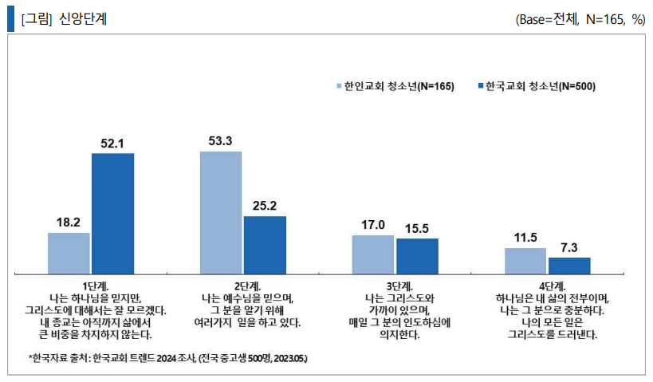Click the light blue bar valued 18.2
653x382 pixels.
69,253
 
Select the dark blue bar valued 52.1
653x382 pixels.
112,213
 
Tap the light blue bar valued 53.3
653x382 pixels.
221,211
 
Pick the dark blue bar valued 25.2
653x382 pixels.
265,244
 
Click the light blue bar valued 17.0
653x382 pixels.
373,254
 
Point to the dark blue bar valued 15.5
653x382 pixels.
417,255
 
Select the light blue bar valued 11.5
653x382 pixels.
525,260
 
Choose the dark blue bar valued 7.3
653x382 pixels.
569,265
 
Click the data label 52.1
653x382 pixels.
112,143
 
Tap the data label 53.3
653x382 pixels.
221,141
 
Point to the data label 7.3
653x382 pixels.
569,247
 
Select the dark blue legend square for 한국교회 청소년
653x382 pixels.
480,86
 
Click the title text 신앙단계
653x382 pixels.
83,20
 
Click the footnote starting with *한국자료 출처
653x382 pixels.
167,359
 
